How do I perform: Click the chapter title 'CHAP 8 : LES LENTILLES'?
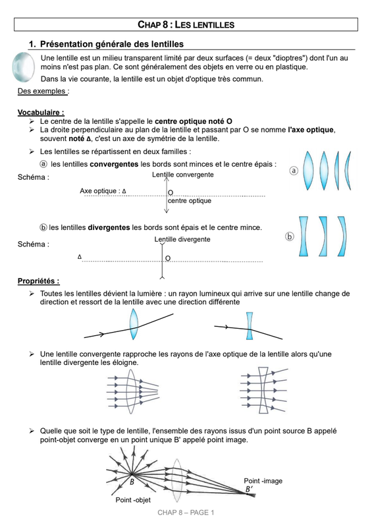(186, 24)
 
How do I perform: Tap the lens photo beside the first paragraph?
(23, 67)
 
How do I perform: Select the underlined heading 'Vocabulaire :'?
(41, 112)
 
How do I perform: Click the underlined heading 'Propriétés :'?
(39, 281)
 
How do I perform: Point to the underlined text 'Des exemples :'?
(43, 91)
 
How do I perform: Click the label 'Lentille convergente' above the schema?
(183, 175)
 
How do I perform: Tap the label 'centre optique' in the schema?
(190, 201)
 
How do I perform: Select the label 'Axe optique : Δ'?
(103, 191)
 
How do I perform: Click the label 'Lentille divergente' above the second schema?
(182, 239)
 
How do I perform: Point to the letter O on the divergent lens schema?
(168, 258)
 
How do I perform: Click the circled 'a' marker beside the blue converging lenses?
(294, 171)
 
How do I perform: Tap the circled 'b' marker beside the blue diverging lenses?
(289, 236)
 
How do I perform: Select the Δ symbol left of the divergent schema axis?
(80, 257)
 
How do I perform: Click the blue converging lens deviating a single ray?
(134, 324)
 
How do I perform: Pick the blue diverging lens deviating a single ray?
(250, 326)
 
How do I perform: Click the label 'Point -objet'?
(133, 500)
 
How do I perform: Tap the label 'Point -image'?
(263, 481)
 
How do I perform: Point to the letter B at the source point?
(132, 482)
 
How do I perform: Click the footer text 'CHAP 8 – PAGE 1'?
(186, 513)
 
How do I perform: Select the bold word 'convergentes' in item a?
(115, 164)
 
